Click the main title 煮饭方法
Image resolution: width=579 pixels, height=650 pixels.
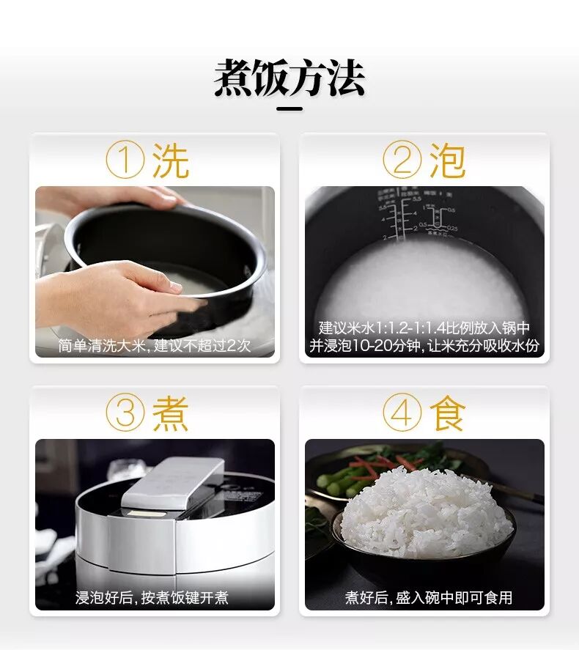289,78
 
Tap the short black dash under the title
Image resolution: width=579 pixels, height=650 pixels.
289,109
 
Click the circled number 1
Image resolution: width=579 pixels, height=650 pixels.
125,160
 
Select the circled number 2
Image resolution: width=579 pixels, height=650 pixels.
402,160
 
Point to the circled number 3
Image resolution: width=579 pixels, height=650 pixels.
125,412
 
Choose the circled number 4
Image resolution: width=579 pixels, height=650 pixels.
402,412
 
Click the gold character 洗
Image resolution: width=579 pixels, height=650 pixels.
170,160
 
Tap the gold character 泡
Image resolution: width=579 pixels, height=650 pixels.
447,160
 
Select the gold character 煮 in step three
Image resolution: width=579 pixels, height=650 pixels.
170,413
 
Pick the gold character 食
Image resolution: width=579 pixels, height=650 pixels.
447,413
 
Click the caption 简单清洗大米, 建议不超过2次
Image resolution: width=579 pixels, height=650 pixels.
155,345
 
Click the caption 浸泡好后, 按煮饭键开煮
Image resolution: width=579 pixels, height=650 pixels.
152,597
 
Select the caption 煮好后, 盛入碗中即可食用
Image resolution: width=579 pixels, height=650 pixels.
429,597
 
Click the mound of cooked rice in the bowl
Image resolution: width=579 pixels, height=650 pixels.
426,512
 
